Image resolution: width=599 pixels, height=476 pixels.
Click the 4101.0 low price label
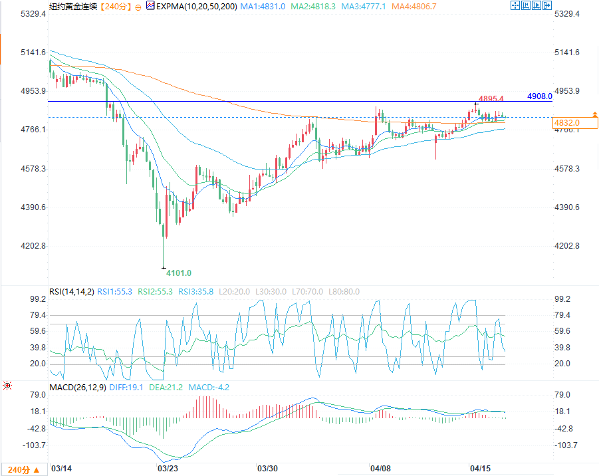pyautogui.click(x=179, y=273)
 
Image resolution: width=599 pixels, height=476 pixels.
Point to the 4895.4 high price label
pyautogui.click(x=491, y=98)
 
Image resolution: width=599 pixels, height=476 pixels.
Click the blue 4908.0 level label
pyautogui.click(x=539, y=96)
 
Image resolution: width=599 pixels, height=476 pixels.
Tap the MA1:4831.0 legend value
pyautogui.click(x=263, y=5)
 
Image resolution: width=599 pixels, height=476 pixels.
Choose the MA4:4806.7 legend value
pyautogui.click(x=414, y=5)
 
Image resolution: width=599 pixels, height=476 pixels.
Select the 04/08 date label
pyautogui.click(x=381, y=469)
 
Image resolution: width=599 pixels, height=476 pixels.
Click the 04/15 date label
pyautogui.click(x=479, y=469)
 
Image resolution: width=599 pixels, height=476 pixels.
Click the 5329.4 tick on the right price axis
pyautogui.click(x=567, y=13)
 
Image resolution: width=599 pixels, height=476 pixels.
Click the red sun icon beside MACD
pyautogui.click(x=7, y=386)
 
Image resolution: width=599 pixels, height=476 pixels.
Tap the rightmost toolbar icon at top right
pyautogui.click(x=548, y=5)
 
